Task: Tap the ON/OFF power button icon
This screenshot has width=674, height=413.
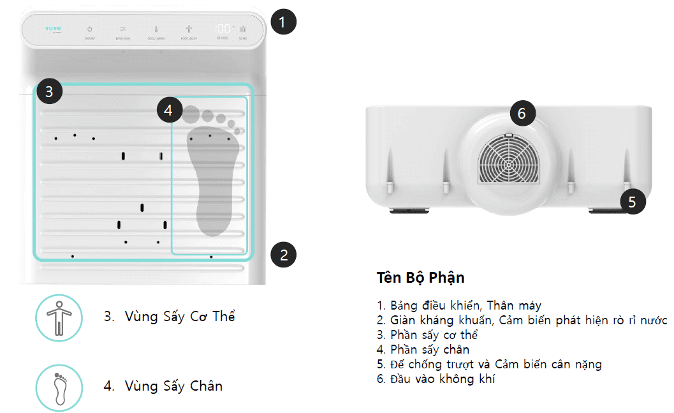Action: [89, 29]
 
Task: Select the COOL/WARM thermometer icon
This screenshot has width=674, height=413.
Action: [155, 29]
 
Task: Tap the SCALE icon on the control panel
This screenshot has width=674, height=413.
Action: [243, 30]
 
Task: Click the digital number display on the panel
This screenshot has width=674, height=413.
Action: [223, 29]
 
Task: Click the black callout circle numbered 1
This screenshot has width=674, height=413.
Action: [283, 22]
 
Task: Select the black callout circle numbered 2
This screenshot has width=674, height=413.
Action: [284, 255]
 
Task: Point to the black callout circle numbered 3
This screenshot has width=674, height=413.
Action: [49, 92]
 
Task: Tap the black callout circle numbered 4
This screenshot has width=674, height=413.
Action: [168, 110]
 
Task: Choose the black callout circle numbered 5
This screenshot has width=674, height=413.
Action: [632, 202]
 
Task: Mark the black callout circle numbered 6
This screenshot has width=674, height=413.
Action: [522, 114]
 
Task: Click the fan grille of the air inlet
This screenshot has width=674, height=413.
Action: [508, 163]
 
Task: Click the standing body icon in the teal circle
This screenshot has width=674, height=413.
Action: [59, 317]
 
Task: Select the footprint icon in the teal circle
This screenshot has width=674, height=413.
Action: [59, 387]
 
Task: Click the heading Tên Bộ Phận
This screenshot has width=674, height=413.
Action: [420, 278]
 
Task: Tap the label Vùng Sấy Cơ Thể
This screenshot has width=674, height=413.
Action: [169, 316]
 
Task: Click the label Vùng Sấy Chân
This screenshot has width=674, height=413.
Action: [163, 386]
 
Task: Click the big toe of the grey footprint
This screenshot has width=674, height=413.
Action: [191, 114]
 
